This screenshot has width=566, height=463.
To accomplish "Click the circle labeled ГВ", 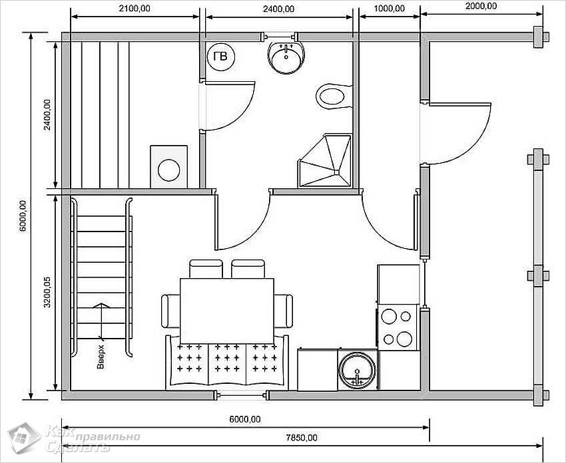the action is (221, 57).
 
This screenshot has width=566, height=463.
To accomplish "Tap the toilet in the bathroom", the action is (334, 96).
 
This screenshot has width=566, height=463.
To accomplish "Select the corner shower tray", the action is (324, 161).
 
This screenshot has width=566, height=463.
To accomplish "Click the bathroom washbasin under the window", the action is (286, 57).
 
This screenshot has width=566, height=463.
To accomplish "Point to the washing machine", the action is (169, 166).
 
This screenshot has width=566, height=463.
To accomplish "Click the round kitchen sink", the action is (357, 370).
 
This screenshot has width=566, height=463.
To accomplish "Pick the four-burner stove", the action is (398, 327).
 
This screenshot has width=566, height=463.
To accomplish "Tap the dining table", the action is (226, 311).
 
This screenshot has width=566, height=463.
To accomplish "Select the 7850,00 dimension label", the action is (302, 438).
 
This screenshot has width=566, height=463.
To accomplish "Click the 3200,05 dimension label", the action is (47, 293).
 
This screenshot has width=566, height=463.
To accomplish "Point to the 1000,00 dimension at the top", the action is (389, 8).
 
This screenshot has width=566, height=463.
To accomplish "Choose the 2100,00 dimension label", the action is (135, 8).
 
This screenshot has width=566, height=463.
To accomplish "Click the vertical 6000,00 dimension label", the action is (22, 216).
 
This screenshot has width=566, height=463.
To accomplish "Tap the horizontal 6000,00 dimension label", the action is (245, 419).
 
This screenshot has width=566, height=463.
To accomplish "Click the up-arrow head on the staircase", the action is (101, 305).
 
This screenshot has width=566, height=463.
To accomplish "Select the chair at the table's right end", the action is (284, 311).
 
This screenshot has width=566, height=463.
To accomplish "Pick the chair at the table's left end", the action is (170, 311).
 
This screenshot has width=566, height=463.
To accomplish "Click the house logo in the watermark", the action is (24, 438).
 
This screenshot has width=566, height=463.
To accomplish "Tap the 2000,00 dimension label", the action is (481, 6).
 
